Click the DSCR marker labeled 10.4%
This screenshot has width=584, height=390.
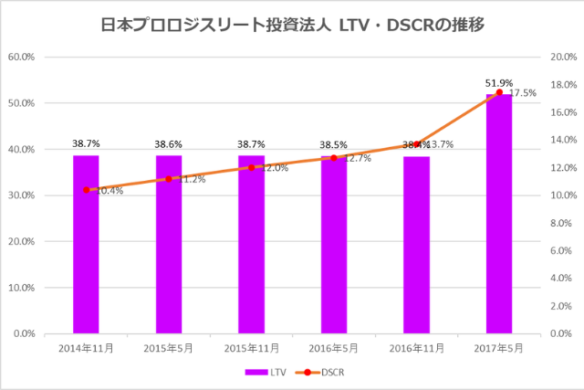[86, 190]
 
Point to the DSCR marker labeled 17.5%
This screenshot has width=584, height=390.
[499, 92]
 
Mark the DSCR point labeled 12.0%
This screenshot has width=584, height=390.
[251, 168]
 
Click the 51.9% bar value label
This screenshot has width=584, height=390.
[498, 83]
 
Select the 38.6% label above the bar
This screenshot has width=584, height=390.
[169, 144]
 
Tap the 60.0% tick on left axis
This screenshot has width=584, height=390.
[21, 57]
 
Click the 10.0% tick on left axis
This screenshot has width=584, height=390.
[21, 288]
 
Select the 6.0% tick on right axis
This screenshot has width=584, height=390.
[559, 250]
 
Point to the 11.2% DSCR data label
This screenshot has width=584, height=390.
[193, 179]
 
